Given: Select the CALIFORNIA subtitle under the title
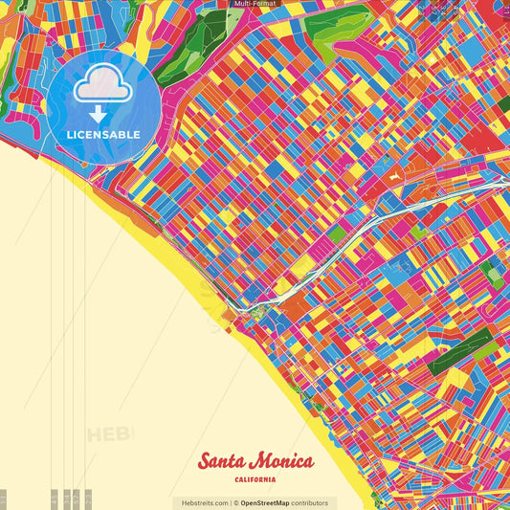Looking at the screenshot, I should point(255,479).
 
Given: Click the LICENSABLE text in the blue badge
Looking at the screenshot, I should point(103,134).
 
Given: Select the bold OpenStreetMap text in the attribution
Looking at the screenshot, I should point(266,502).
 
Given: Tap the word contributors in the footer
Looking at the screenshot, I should point(310,502).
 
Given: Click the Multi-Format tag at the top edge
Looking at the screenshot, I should point(254,4).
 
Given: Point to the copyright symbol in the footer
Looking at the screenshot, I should point(235,502).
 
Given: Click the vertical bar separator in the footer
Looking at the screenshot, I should point(231,502).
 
